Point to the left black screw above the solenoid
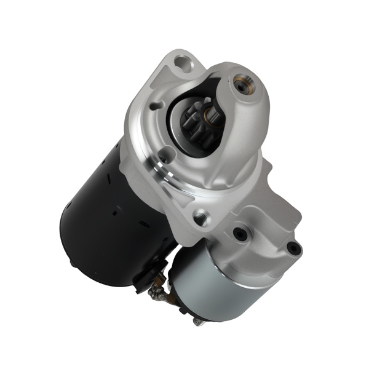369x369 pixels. pyautogui.click(x=240, y=234)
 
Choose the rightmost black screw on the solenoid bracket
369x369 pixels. pyautogui.click(x=293, y=248)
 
